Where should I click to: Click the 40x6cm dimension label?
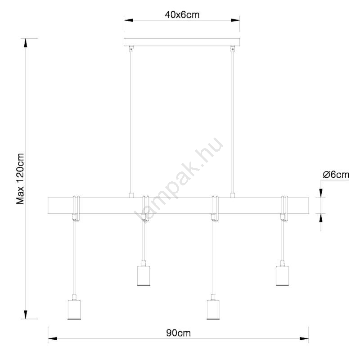pyautogui.click(x=182, y=15)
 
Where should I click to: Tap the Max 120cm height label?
pyautogui.click(x=20, y=179)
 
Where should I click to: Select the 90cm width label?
pyautogui.click(x=178, y=333)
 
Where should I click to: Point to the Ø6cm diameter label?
pyautogui.click(x=336, y=175)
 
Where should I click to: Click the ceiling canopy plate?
pyautogui.click(x=182, y=42)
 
